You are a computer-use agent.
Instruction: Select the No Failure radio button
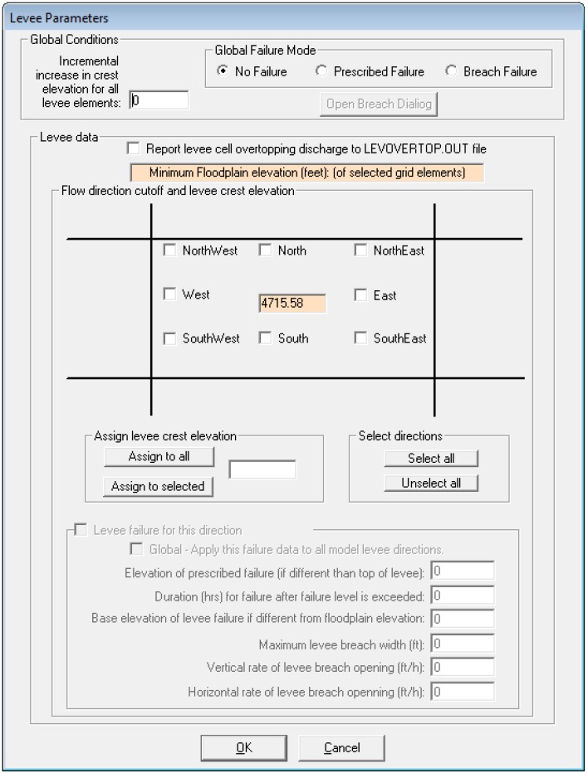223,71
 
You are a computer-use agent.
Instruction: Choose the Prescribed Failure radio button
321,71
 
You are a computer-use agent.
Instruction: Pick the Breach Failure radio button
451,71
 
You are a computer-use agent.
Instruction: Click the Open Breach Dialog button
378,105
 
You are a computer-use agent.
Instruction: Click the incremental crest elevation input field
159,100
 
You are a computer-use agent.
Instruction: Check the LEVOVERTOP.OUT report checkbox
133,149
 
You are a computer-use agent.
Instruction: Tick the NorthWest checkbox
170,250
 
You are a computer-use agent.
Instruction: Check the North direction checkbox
266,250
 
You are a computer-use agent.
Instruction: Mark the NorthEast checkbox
360,250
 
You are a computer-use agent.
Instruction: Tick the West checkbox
170,294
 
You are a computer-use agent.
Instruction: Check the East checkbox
360,295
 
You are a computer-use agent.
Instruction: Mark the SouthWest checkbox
170,338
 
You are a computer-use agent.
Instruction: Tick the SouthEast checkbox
360,338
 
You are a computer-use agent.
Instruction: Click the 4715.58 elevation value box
292,304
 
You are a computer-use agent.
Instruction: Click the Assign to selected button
158,487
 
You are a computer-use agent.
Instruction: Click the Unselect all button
431,484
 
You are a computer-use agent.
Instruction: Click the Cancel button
342,748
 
